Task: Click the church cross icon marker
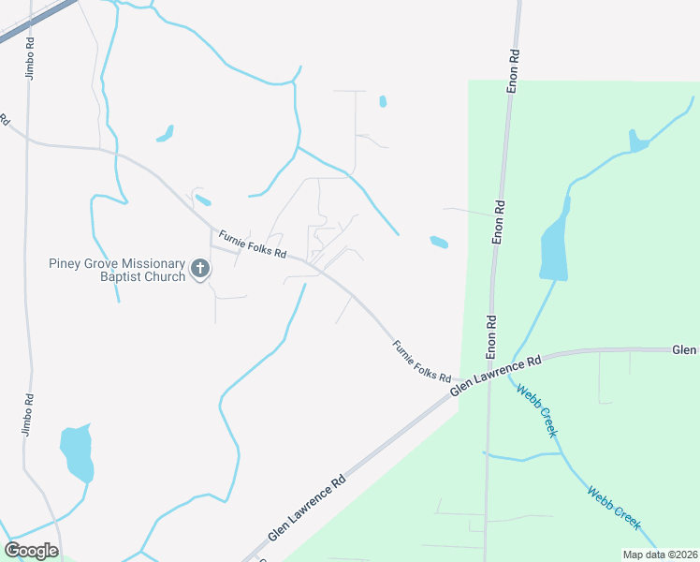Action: click(x=199, y=270)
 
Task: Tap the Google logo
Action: click(x=31, y=550)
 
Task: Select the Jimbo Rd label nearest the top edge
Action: click(x=30, y=58)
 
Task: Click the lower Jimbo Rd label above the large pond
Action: click(x=27, y=412)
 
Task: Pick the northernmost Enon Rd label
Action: click(x=513, y=71)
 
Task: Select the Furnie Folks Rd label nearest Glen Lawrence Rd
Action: click(x=422, y=361)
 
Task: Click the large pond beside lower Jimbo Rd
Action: click(x=77, y=451)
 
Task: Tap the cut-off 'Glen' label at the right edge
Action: click(x=685, y=349)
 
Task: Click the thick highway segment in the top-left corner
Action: click(x=37, y=21)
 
